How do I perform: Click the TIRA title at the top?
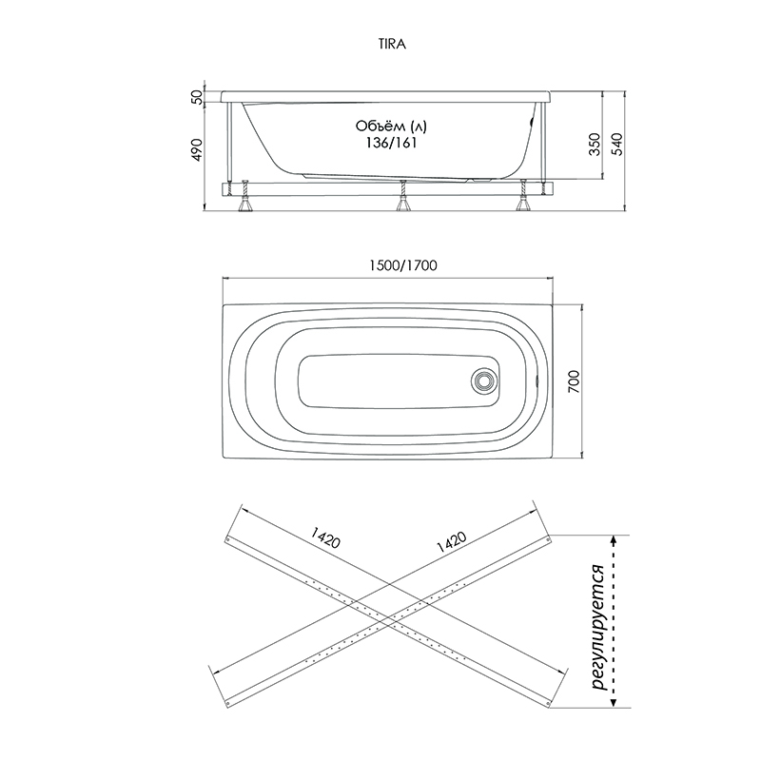click(392, 44)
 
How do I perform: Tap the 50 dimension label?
click(197, 97)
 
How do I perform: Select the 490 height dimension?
click(197, 150)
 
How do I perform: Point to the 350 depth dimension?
click(595, 145)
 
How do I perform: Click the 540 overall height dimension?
click(616, 145)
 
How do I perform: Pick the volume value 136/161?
click(391, 144)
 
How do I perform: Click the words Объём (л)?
click(391, 127)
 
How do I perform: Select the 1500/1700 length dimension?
click(402, 265)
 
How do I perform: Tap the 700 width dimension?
click(574, 381)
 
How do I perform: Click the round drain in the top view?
click(483, 380)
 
